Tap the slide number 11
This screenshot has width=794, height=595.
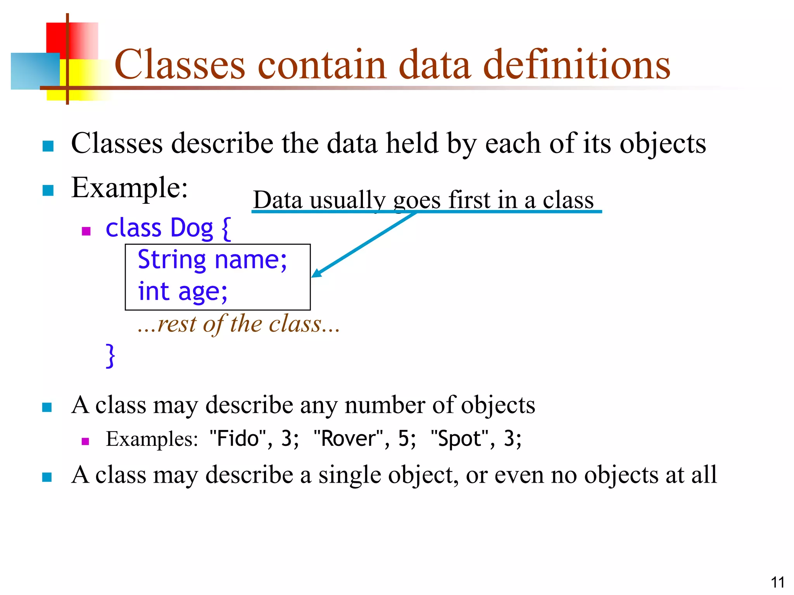[x=777, y=582]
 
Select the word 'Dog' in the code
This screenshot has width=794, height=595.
[x=192, y=228]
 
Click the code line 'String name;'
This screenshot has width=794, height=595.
[x=212, y=260]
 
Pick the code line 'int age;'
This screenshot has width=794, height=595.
[x=183, y=291]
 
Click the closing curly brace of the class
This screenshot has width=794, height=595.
[x=110, y=355]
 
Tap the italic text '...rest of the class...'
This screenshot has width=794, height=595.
[x=238, y=324]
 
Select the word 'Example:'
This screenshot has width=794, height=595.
[x=129, y=188]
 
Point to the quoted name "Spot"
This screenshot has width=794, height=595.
[x=459, y=439]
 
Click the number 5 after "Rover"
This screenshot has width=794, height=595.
[x=404, y=439]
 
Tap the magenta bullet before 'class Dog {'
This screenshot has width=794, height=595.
[x=86, y=231]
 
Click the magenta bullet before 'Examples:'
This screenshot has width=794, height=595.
[x=86, y=441]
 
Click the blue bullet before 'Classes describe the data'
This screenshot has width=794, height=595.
[x=48, y=146]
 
